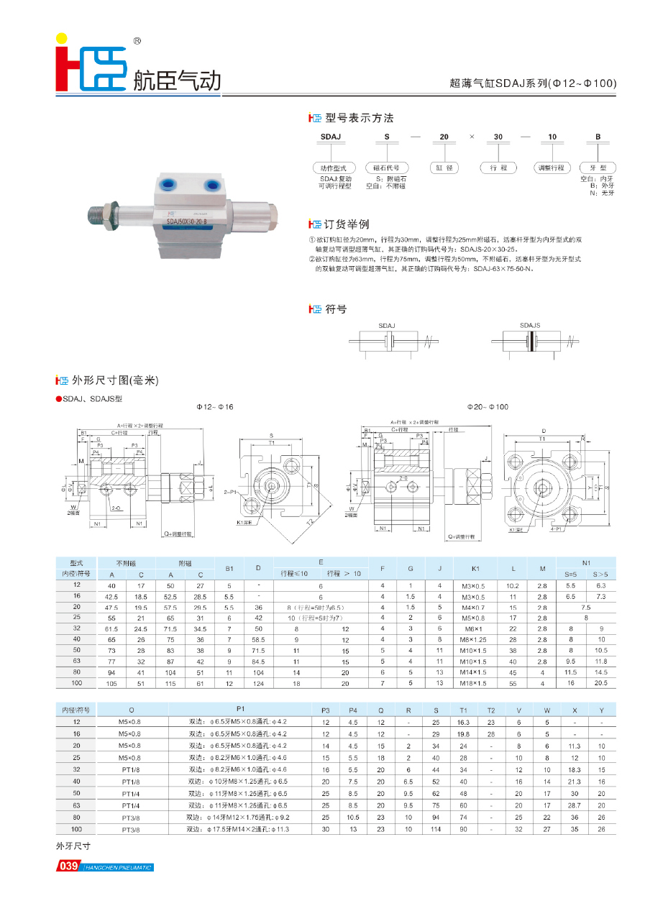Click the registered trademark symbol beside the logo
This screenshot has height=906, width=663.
point(137,42)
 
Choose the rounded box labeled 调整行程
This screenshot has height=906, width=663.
point(552,168)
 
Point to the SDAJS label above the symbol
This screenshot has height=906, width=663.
point(531,326)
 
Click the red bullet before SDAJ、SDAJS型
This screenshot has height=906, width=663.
point(59,399)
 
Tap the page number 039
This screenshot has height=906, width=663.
point(68,866)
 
